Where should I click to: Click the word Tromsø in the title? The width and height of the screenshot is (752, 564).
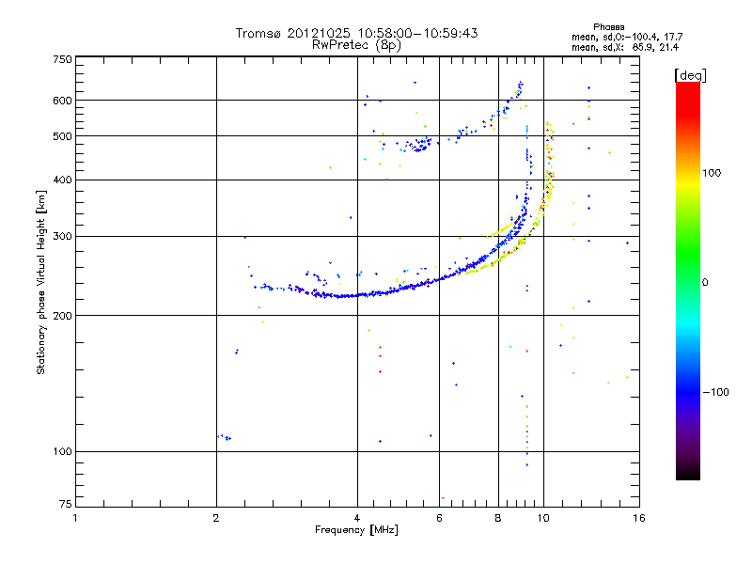point(258,33)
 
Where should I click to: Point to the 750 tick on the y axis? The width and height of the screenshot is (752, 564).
point(63,58)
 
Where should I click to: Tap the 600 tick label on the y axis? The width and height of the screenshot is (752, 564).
point(63,100)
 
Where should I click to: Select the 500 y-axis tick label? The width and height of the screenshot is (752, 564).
point(63,135)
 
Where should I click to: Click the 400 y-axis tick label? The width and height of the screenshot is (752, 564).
point(63,180)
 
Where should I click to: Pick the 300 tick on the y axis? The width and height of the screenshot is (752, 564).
point(63,236)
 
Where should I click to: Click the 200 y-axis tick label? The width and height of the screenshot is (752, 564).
point(63,315)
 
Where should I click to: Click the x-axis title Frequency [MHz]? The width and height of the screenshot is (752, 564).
point(356,530)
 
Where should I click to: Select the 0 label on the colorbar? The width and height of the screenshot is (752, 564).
point(705,282)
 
